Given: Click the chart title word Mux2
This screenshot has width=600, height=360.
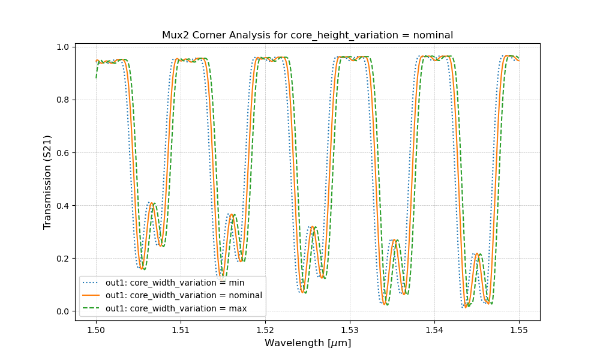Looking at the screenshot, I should pyautogui.click(x=175, y=35).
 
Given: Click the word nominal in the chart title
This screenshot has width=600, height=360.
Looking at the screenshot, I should pyautogui.click(x=431, y=35).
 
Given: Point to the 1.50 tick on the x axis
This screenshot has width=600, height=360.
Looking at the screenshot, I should pyautogui.click(x=96, y=329).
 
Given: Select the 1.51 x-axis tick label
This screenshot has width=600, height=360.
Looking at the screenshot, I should pyautogui.click(x=181, y=329).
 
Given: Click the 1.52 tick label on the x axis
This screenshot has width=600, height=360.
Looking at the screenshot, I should pyautogui.click(x=265, y=329).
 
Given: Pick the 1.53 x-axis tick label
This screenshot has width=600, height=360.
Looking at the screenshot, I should pyautogui.click(x=350, y=329).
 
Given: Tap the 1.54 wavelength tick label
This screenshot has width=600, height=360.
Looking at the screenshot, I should pyautogui.click(x=434, y=329).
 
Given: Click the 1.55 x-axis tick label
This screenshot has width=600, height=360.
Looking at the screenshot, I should pyautogui.click(x=519, y=329).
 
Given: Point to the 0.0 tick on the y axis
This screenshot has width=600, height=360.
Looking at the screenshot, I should pyautogui.click(x=62, y=311).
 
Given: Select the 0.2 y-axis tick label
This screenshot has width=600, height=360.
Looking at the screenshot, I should pyautogui.click(x=62, y=259).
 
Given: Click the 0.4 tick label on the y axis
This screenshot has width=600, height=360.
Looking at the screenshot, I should pyautogui.click(x=62, y=206).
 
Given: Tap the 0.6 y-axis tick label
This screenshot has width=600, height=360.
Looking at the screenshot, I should pyautogui.click(x=62, y=153).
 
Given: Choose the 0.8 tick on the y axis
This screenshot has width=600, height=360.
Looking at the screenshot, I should pyautogui.click(x=62, y=100).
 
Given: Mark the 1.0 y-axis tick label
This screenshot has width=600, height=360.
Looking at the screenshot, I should pyautogui.click(x=62, y=47).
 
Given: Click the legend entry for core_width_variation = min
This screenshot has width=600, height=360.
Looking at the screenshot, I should pyautogui.click(x=175, y=282).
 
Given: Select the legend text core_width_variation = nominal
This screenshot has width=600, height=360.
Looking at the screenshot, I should pyautogui.click(x=184, y=295).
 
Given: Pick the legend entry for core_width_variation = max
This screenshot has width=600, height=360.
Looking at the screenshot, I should pyautogui.click(x=176, y=308).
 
